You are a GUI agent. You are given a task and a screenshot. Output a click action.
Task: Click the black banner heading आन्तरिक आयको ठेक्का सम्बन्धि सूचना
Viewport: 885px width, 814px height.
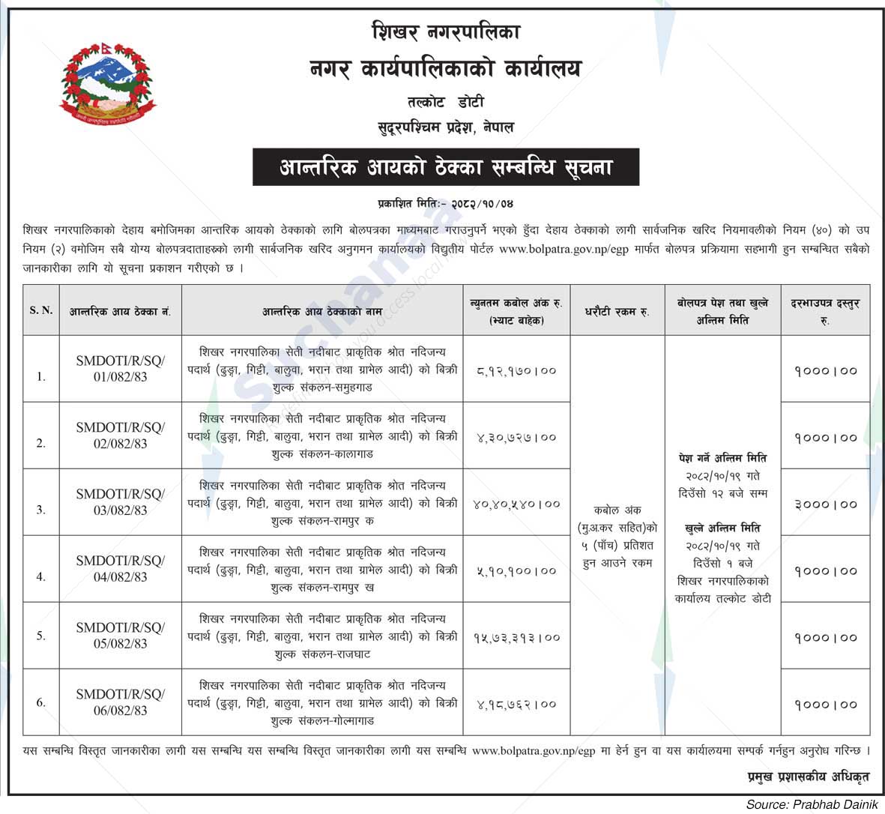click(445, 167)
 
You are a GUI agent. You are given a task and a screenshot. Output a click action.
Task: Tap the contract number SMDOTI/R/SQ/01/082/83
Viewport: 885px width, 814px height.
click(121, 369)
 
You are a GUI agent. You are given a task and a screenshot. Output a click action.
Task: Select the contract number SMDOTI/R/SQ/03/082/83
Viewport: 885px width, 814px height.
click(121, 502)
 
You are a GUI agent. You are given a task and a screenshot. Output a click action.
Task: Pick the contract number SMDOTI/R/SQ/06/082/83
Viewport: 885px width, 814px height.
click(121, 702)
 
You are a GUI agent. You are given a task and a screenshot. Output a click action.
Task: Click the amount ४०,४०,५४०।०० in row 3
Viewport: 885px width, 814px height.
click(516, 504)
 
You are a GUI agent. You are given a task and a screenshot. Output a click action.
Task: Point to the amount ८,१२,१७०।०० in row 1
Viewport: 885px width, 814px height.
click(516, 370)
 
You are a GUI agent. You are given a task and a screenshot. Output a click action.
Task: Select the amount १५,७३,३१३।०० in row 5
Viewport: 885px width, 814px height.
click(516, 638)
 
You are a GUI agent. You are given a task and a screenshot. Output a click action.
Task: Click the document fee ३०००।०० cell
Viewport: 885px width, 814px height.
click(825, 504)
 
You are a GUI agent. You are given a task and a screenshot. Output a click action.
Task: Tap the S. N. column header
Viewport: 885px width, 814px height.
click(41, 310)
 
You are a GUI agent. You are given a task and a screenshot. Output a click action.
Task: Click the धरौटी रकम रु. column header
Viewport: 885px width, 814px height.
click(617, 310)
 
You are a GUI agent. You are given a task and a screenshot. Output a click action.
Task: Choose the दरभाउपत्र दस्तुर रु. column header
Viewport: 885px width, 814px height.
click(825, 310)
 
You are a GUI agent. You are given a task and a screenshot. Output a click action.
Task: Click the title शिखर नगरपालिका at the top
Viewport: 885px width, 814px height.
click(445, 31)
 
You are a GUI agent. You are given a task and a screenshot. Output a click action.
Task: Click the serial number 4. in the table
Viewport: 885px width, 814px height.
click(41, 576)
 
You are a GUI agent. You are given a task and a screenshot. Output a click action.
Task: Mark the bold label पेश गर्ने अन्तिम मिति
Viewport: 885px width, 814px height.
click(722, 458)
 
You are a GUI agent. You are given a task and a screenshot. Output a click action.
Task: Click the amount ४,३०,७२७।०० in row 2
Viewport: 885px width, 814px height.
click(516, 437)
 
